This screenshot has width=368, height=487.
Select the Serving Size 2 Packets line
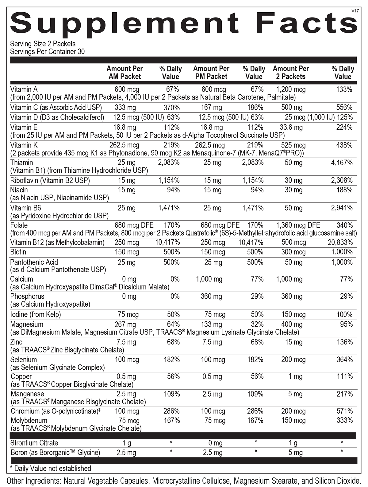click(x=43, y=44)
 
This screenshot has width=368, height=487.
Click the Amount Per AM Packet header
click(x=125, y=73)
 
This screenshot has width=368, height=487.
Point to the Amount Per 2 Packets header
click(x=291, y=73)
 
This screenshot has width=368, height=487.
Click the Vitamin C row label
click(x=56, y=108)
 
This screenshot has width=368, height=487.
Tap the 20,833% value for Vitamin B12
click(x=340, y=242)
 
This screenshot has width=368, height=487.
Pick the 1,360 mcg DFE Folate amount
click(x=298, y=225)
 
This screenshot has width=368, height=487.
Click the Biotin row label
click(x=18, y=252)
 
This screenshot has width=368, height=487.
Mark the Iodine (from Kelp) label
click(x=36, y=314)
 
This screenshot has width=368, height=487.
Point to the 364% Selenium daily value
click(x=344, y=359)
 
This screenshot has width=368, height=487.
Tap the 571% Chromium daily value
click(x=345, y=411)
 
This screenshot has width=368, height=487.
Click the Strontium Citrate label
click(x=34, y=443)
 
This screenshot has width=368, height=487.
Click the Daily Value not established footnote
click(x=51, y=469)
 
